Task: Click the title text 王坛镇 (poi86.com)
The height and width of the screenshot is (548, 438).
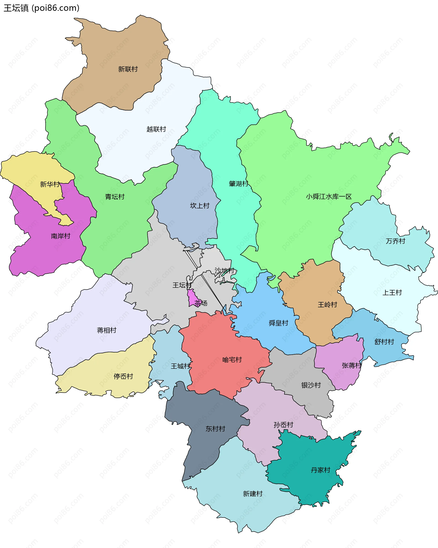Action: [x=42, y=8]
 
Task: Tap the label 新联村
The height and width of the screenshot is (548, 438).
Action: [x=128, y=69]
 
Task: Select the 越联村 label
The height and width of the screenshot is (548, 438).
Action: [x=156, y=129]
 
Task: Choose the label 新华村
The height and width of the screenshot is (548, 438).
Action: [x=50, y=184]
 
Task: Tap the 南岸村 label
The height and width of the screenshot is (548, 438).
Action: [x=60, y=236]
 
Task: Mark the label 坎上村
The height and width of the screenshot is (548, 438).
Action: [x=200, y=206]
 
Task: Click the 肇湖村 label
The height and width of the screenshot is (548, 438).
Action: [x=238, y=184]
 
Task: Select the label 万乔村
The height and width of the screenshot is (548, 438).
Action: [x=395, y=241]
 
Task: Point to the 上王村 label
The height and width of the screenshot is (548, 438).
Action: [x=392, y=292]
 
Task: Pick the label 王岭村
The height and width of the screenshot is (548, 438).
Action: [x=327, y=305]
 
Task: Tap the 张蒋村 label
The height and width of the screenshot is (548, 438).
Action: [x=351, y=365]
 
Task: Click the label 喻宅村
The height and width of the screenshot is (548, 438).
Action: [x=232, y=360]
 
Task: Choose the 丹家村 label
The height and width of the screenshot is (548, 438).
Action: [x=320, y=470]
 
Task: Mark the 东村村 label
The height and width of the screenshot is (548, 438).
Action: [x=215, y=429]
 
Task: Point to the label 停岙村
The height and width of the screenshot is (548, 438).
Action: [x=123, y=376]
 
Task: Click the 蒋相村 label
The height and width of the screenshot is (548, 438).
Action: [x=107, y=330]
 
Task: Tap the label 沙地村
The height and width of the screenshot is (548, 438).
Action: [x=224, y=270]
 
